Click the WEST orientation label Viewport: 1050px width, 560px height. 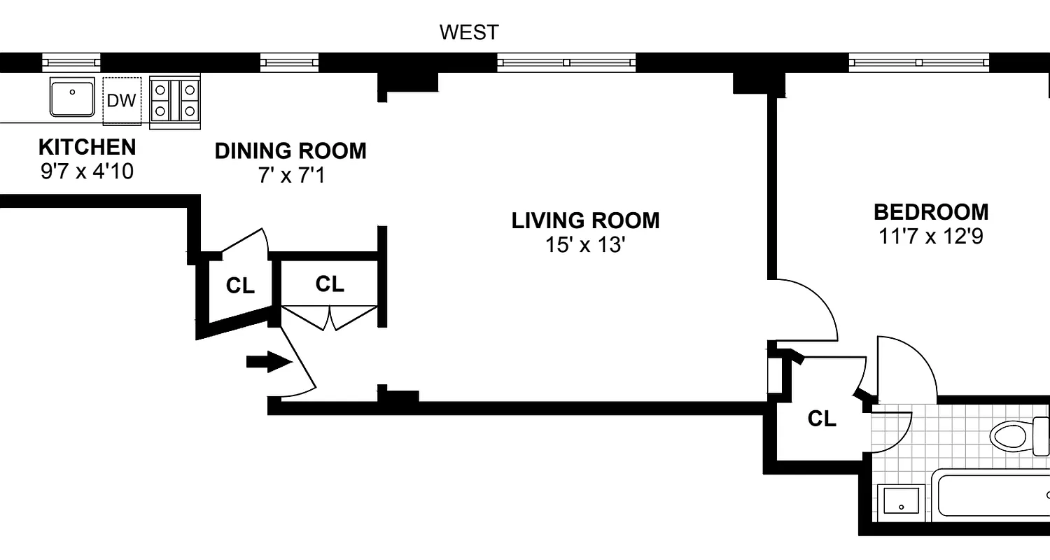(x=469, y=32)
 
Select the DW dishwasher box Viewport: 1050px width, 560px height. (x=122, y=101)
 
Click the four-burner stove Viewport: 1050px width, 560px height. (x=175, y=100)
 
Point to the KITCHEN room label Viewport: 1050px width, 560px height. (x=87, y=148)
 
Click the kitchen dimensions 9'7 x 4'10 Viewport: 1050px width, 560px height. (x=87, y=171)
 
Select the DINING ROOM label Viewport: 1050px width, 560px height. (x=290, y=151)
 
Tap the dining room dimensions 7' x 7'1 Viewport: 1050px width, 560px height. (x=290, y=175)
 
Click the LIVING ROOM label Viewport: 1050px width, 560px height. (x=585, y=220)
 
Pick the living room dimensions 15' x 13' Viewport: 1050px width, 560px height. (x=585, y=245)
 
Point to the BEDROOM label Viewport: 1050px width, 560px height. (x=931, y=211)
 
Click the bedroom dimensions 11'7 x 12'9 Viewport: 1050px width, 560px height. (x=931, y=237)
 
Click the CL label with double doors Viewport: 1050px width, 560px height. (x=330, y=284)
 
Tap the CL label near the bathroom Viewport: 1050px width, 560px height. (x=822, y=419)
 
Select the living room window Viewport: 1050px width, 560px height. (x=566, y=63)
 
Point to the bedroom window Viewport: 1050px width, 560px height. (x=919, y=63)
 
